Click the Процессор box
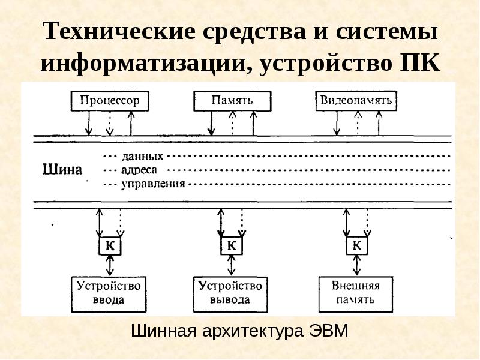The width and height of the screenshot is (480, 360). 110,101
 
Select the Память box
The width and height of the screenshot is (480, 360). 232,101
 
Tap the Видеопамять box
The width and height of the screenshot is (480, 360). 356,101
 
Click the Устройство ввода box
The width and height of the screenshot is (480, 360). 109,295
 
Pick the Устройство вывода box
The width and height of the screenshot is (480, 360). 230,295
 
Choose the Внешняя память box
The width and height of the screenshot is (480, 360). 356,295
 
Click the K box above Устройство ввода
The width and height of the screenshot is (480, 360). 110,245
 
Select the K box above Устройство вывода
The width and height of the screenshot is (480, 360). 232,245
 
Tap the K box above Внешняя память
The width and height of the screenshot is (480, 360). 357,245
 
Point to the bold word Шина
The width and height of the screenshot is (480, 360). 62,169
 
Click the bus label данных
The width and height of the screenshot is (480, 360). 142,157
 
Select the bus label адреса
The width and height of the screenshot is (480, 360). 139,170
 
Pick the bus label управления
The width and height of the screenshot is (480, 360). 154,184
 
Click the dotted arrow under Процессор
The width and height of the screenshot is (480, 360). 110,124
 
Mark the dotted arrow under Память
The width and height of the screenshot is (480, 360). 233,123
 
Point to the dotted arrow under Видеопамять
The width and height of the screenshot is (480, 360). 358,123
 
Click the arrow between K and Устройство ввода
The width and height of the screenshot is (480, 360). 110,265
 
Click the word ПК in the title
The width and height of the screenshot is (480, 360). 420,63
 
